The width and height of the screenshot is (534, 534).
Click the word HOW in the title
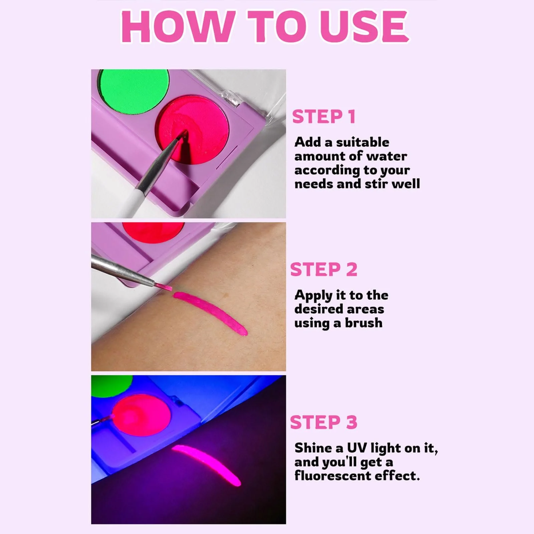click(176, 27)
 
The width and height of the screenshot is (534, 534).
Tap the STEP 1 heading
click(323, 117)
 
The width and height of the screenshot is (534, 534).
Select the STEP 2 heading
click(324, 270)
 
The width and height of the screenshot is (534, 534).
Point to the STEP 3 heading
click(324, 423)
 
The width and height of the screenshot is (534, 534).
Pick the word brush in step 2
click(363, 323)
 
